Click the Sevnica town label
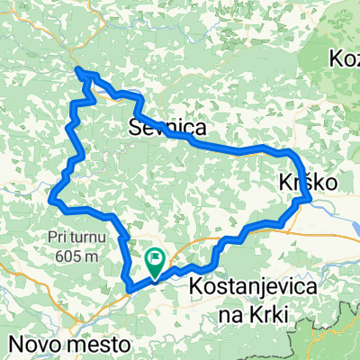pos(164,127)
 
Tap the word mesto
pos(100,344)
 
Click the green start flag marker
pos(156,263)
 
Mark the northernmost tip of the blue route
pos(79,68)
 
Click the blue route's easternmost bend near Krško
pos(309,198)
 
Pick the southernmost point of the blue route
pos(131,290)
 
